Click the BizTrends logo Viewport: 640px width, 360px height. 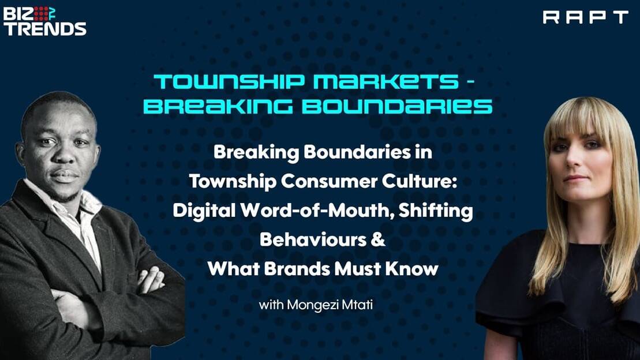coord(45,21)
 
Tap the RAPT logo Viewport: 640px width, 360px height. coord(585,17)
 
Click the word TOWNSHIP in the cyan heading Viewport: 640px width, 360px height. coord(230,81)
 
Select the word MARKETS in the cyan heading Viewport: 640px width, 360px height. coord(386,81)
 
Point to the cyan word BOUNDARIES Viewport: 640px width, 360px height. coord(396,106)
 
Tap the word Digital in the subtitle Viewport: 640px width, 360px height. coord(204,211)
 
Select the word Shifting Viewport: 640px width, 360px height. coord(436,211)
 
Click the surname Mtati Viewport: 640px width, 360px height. coord(358,305)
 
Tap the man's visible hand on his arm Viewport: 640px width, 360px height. coord(151,279)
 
